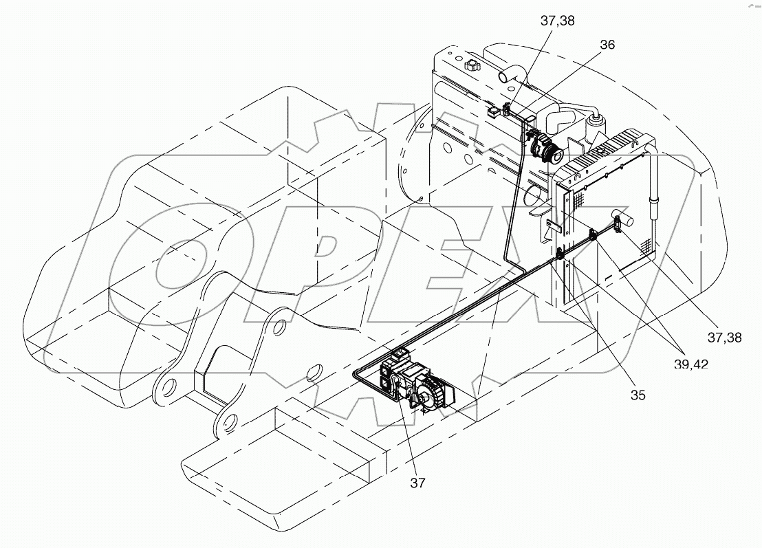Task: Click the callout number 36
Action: pyautogui.click(x=607, y=45)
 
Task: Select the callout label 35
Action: pyautogui.click(x=638, y=395)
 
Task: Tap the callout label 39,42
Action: pyautogui.click(x=690, y=364)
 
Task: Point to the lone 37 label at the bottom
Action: pyautogui.click(x=417, y=483)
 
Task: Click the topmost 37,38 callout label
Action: pyautogui.click(x=557, y=21)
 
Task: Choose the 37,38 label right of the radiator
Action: pyautogui.click(x=724, y=337)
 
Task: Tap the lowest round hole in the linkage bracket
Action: pyautogui.click(x=228, y=421)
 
